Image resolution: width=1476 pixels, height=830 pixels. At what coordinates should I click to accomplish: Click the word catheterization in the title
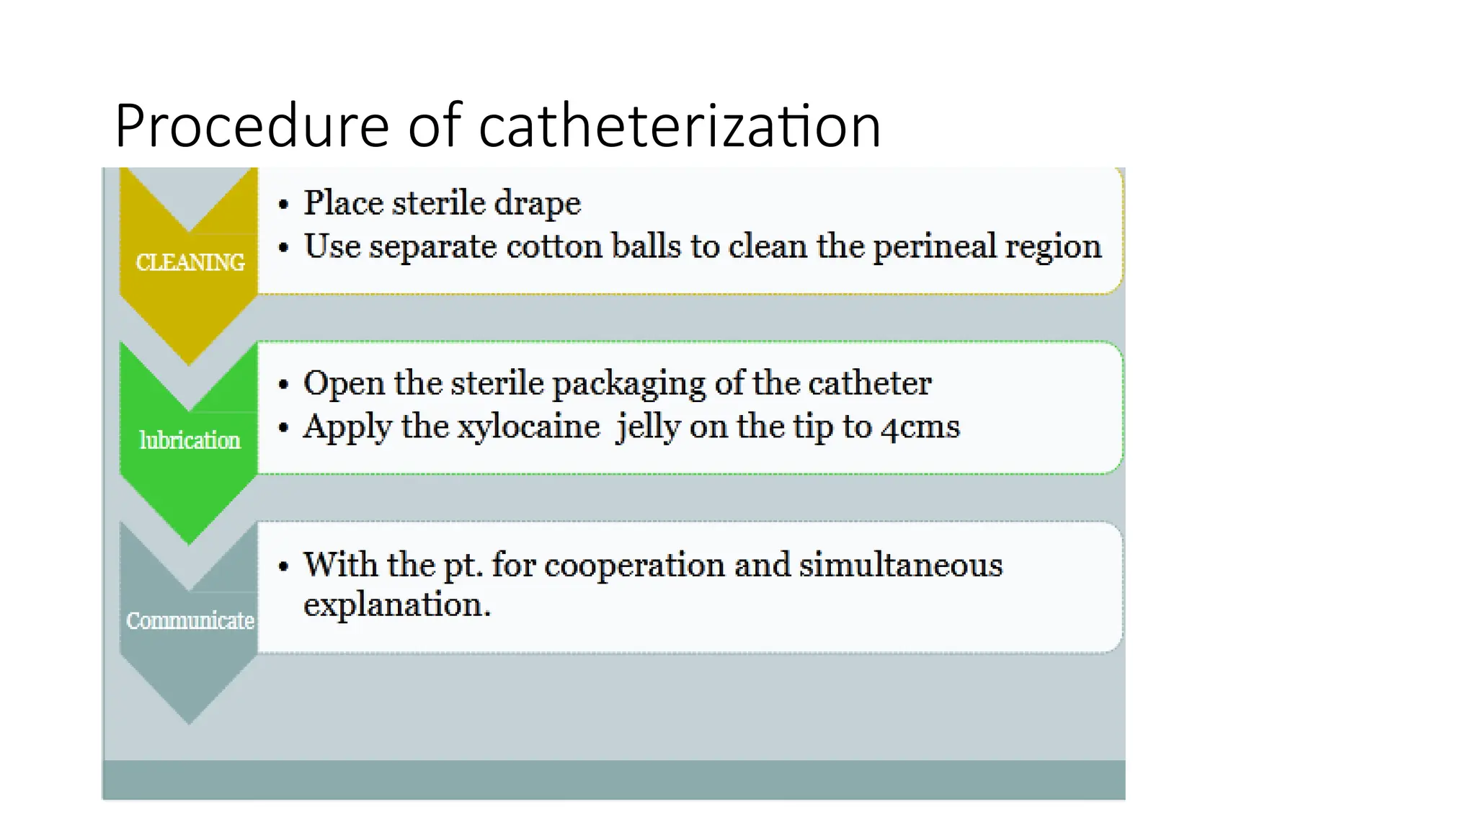(x=680, y=126)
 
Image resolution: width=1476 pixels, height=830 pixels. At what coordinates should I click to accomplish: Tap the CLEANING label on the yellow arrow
(x=190, y=262)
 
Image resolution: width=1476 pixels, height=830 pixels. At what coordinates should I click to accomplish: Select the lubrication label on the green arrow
(x=190, y=440)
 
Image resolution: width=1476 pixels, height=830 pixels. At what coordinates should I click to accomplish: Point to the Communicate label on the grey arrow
(x=190, y=620)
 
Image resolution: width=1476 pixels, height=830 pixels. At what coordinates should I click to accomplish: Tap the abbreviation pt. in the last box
(x=462, y=566)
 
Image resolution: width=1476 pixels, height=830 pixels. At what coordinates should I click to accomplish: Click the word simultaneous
(x=900, y=565)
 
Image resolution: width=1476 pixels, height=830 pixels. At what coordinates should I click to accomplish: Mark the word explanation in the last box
(x=396, y=604)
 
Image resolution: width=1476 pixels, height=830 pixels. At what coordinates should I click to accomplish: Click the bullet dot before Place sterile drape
(x=284, y=205)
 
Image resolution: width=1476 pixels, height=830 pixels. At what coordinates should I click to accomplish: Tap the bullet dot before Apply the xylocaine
(x=284, y=428)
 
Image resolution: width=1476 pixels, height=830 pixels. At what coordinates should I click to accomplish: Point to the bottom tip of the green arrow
(x=189, y=543)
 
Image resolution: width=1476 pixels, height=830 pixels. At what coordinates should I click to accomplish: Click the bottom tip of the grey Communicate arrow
(x=189, y=723)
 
